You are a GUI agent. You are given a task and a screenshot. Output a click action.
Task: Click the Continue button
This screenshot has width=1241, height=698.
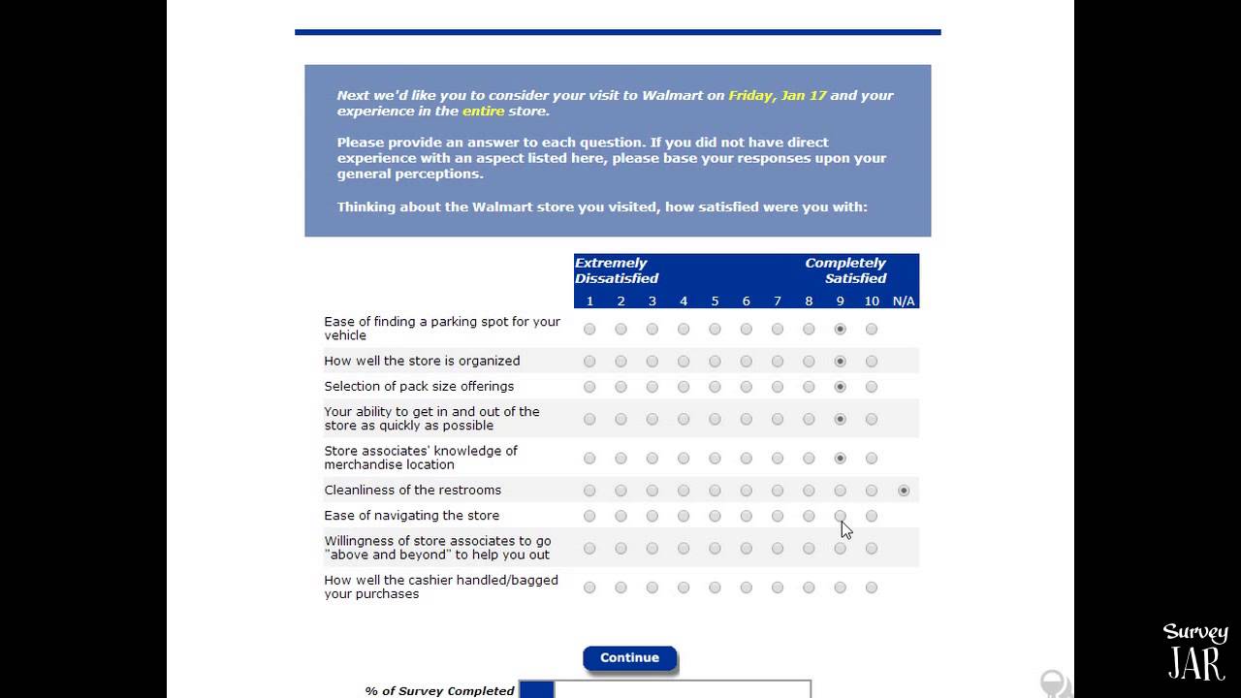[629, 658]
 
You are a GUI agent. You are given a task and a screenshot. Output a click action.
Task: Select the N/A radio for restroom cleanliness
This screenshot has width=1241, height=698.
[904, 491]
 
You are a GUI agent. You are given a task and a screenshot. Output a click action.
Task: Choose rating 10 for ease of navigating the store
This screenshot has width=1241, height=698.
[872, 516]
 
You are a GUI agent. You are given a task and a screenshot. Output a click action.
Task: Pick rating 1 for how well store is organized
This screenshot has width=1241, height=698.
[589, 362]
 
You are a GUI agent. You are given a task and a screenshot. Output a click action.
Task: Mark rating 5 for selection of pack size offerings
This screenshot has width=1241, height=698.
[715, 387]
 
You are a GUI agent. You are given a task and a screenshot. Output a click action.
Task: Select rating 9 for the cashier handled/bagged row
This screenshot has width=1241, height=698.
[841, 587]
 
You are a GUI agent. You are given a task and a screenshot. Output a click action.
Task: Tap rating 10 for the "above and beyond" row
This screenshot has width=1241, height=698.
[872, 549]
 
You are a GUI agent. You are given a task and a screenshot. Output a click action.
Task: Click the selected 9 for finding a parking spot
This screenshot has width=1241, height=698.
[841, 330]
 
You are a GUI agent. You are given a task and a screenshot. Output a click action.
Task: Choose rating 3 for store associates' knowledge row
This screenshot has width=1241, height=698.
[652, 459]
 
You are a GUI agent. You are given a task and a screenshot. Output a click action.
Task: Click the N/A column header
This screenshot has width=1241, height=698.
[904, 301]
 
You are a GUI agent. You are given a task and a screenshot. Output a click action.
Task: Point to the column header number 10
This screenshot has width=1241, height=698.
[872, 301]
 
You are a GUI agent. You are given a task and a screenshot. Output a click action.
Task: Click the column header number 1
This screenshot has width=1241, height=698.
[589, 301]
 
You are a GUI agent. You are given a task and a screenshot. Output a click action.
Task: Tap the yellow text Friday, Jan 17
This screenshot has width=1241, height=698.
[778, 96]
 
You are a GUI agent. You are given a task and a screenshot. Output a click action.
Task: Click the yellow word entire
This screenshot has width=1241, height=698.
[483, 111]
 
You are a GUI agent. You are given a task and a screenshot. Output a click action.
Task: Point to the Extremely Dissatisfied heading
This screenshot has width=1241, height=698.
[617, 270]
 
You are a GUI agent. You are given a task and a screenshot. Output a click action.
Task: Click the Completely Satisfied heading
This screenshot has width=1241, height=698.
[845, 270]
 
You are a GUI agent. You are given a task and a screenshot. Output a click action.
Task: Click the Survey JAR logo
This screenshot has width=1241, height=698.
[1195, 651]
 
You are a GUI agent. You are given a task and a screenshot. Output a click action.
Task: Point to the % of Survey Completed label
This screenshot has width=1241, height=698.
[439, 691]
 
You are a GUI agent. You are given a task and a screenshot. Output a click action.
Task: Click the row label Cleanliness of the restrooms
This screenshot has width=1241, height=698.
[413, 491]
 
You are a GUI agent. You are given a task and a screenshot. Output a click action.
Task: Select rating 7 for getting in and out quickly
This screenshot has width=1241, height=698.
[778, 420]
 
